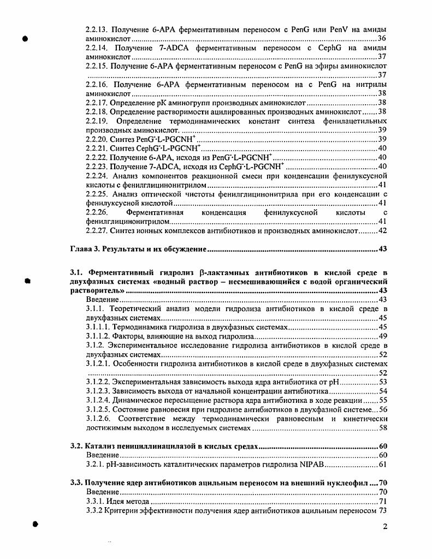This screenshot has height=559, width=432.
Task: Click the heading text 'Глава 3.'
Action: point(85,249)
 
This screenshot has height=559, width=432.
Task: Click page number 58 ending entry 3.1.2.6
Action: point(382,428)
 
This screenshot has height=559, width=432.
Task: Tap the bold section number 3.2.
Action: point(76,447)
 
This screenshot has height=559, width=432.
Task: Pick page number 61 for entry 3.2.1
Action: point(382,465)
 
